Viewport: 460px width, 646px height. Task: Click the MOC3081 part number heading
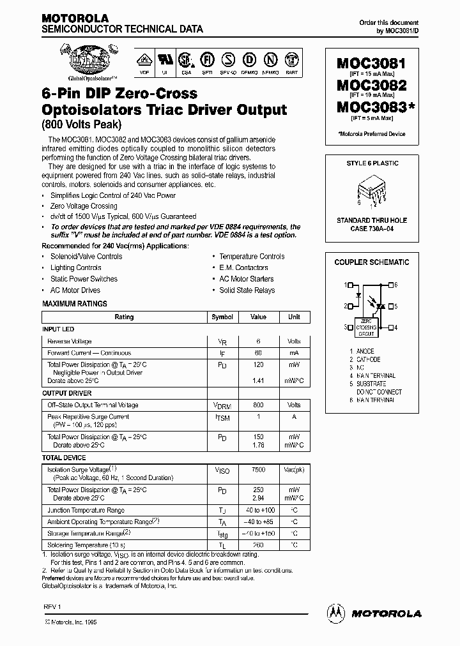371,64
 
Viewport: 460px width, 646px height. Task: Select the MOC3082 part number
371,85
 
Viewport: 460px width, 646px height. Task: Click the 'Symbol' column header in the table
222,317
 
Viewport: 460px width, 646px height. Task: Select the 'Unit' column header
294,317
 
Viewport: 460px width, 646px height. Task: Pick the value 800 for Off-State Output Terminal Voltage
258,405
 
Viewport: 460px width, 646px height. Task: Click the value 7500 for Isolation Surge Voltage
258,469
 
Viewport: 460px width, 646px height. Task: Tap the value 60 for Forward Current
258,353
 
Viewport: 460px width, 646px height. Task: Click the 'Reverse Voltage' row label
70,342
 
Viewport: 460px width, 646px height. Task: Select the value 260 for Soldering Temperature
258,545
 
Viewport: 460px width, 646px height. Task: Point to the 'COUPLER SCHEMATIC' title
372,262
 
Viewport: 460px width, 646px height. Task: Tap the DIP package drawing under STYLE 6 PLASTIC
371,192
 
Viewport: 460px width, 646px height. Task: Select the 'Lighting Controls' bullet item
75,268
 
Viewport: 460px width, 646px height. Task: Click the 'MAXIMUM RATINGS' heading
75,304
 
